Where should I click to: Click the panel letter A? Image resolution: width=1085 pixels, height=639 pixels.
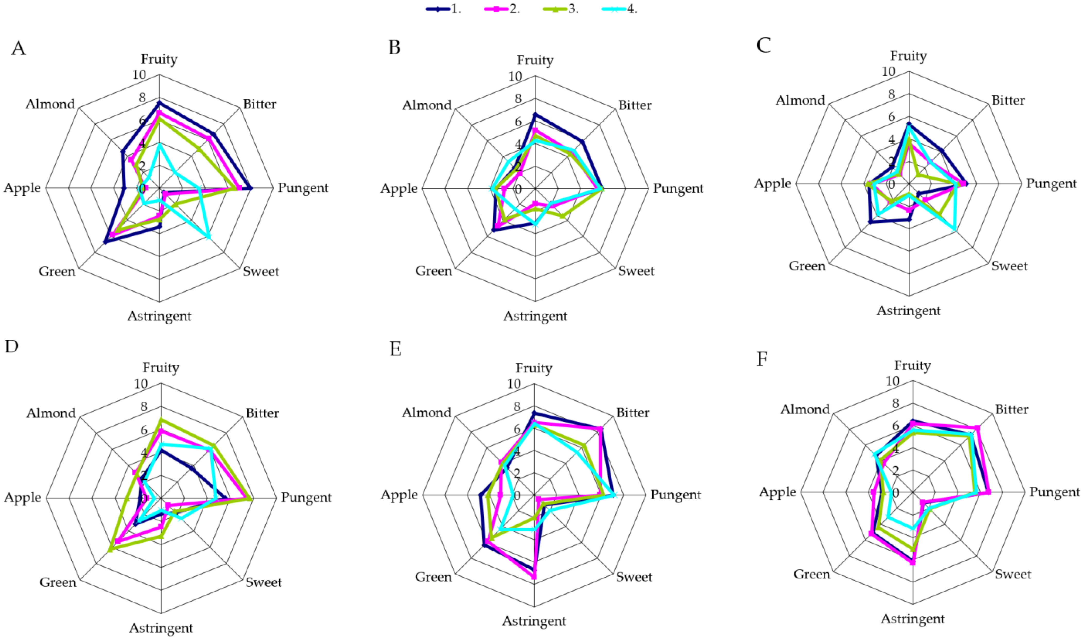tap(18, 48)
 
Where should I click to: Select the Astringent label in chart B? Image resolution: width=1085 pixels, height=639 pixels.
tap(535, 316)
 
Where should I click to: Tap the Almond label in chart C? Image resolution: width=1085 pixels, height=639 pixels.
tap(800, 100)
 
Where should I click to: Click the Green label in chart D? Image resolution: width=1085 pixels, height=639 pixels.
tap(58, 583)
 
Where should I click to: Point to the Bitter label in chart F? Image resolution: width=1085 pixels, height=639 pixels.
tap(1012, 409)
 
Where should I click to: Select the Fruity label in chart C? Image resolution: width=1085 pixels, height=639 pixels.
tap(908, 56)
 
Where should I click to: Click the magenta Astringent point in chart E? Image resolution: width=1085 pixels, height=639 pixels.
tap(534, 577)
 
